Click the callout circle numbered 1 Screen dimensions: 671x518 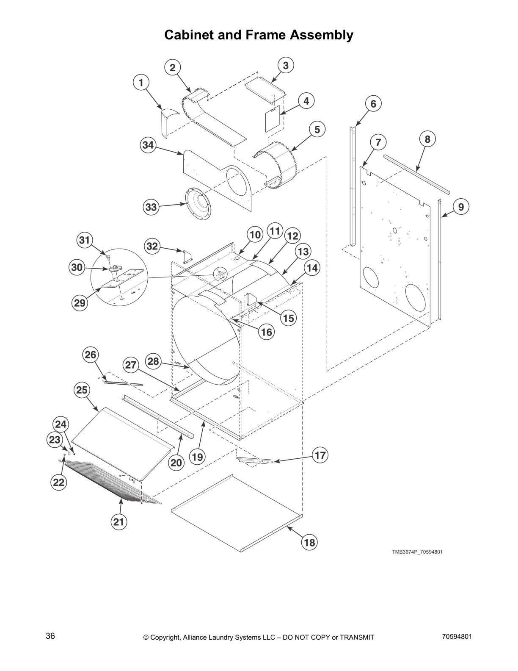pos(141,82)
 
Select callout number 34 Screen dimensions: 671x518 pos(148,145)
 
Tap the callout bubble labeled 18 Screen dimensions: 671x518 pos(309,542)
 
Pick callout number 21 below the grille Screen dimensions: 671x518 pos(119,522)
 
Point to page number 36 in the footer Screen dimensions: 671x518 pos(50,636)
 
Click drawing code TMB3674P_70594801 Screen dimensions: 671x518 pos(417,552)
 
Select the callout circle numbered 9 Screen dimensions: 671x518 pos(461,207)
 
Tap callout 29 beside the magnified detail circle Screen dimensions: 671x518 pos(80,303)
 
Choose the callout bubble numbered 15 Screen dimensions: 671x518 pos(289,318)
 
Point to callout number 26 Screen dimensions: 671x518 pos(91,354)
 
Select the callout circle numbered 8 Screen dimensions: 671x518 pos(427,139)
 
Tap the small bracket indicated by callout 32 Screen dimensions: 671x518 pos(187,256)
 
